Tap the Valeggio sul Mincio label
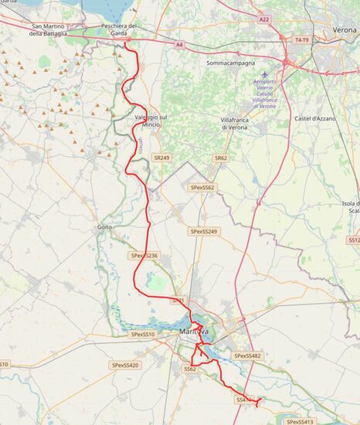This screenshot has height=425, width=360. (151, 120)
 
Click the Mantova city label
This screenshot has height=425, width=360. (193, 332)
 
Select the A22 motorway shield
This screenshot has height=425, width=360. (265, 19)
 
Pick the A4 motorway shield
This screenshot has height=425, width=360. (179, 46)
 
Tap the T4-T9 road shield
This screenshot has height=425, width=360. (301, 38)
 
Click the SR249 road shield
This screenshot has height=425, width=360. (161, 158)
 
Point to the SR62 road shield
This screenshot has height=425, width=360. (222, 158)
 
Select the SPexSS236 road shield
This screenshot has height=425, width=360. (144, 256)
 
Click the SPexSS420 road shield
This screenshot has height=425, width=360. (124, 365)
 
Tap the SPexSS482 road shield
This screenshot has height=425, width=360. (247, 355)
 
